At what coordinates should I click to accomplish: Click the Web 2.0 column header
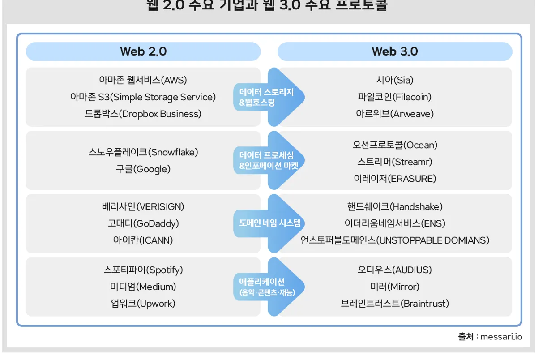143,51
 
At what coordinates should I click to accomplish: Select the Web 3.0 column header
395,51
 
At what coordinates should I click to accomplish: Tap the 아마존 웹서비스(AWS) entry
143,80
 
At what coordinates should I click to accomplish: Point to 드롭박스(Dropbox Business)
143,114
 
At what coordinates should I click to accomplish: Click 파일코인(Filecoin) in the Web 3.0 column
394,97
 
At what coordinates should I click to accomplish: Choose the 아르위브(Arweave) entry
394,114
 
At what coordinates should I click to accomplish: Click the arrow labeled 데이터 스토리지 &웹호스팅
269,97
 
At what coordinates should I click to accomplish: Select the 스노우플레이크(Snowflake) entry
143,152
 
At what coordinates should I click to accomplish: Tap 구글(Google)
143,169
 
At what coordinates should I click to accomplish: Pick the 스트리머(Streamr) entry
394,162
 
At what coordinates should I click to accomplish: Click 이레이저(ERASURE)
394,179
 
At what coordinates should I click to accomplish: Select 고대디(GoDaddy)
143,223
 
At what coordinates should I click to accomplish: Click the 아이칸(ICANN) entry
143,240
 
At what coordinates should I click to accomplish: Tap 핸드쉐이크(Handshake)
394,206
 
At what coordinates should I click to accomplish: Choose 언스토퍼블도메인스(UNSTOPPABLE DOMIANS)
394,240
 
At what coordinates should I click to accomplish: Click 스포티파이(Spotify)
143,270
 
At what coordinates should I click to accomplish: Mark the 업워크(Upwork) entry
143,304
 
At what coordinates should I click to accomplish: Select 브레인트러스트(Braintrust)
394,304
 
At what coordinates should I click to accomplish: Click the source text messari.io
501,337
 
